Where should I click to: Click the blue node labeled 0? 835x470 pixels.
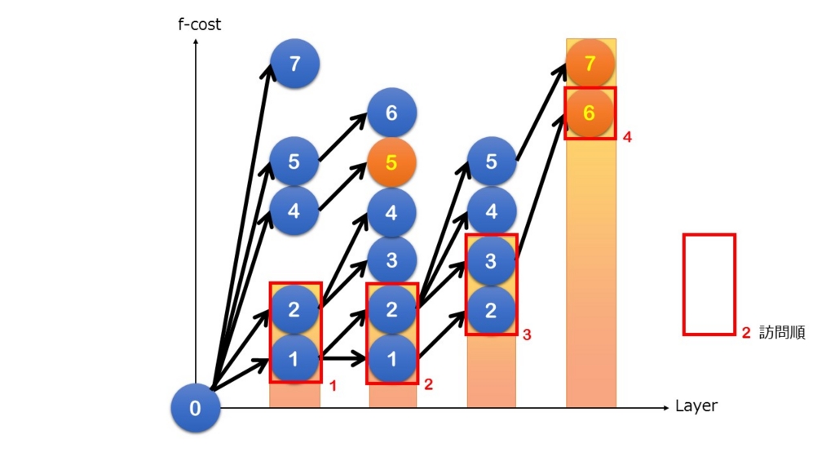click(x=196, y=408)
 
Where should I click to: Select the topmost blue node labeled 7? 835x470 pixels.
click(x=294, y=64)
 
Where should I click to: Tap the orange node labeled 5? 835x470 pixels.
click(x=391, y=162)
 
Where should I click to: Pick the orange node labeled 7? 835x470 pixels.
click(x=590, y=63)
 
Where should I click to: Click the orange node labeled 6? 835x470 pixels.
click(x=589, y=113)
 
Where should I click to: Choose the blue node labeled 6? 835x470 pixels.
click(x=391, y=113)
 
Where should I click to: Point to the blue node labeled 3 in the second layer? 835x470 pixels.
click(x=391, y=260)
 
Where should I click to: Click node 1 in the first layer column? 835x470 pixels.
click(x=294, y=359)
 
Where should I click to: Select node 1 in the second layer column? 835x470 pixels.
click(x=391, y=359)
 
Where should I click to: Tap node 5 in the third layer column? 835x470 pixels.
click(x=491, y=162)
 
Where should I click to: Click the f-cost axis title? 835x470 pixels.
click(x=199, y=24)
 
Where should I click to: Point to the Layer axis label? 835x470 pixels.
click(x=696, y=406)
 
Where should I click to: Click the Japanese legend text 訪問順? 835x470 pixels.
click(x=782, y=333)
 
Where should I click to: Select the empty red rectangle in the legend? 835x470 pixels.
click(x=684, y=285)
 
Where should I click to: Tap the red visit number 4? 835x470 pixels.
click(x=627, y=137)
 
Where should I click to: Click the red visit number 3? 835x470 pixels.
click(x=527, y=335)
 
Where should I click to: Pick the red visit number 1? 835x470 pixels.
click(x=333, y=385)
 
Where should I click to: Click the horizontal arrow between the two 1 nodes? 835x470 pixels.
click(x=343, y=359)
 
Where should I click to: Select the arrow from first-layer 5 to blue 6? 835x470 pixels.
click(x=343, y=136)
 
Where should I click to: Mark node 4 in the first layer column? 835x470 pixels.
click(x=294, y=211)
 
